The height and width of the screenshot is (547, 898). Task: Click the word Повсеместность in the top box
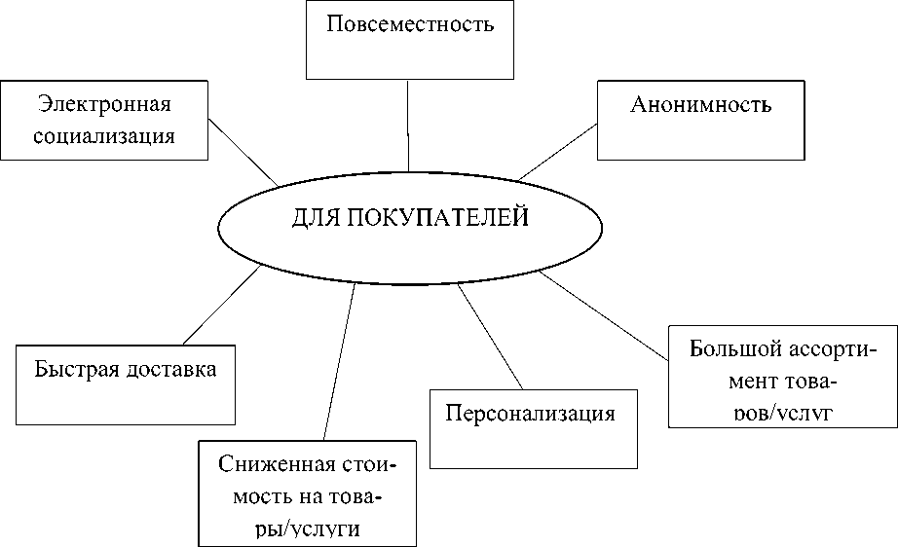pyautogui.click(x=409, y=24)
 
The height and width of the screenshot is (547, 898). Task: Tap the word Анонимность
pyautogui.click(x=701, y=105)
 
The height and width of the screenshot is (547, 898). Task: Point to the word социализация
pyautogui.click(x=104, y=134)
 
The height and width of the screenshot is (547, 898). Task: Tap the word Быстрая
pyautogui.click(x=76, y=369)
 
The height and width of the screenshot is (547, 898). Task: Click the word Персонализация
pyautogui.click(x=530, y=413)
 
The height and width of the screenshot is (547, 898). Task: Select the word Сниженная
pyautogui.click(x=278, y=464)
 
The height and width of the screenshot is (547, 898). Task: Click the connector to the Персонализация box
pyautogui.click(x=492, y=336)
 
